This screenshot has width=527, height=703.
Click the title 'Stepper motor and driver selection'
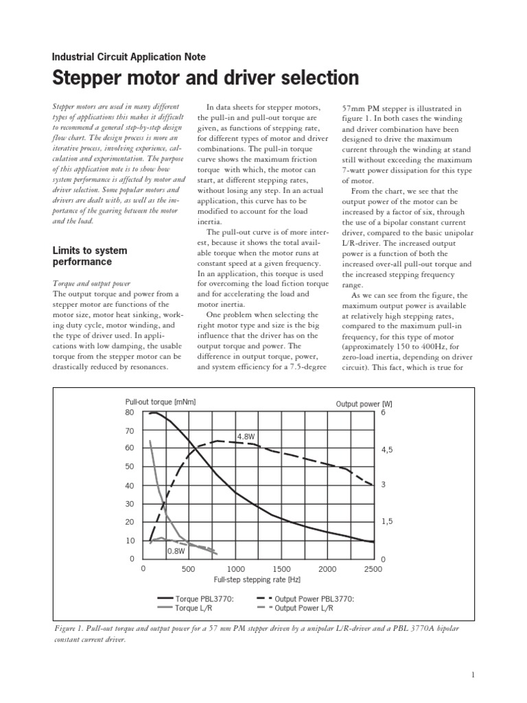(x=205, y=78)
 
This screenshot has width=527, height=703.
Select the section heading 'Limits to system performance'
(x=90, y=256)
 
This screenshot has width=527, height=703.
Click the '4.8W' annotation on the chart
(x=246, y=436)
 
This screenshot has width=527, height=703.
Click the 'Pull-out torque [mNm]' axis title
(x=161, y=402)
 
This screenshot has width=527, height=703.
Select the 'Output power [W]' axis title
(x=364, y=404)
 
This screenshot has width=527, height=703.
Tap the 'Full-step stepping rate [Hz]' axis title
(x=257, y=580)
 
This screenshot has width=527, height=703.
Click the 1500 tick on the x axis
(x=281, y=569)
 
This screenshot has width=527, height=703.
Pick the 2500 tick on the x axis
(x=373, y=569)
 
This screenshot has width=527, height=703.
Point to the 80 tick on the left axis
(x=130, y=413)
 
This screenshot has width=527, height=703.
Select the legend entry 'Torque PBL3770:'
(x=205, y=599)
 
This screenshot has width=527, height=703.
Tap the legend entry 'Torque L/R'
(x=196, y=608)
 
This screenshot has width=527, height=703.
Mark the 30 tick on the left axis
(x=130, y=504)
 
